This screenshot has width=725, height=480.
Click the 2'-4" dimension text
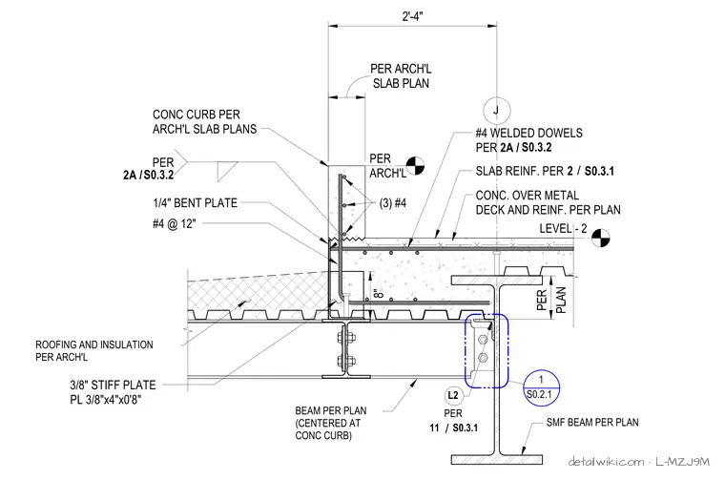coord(412,16)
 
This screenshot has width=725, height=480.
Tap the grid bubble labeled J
coord(497,111)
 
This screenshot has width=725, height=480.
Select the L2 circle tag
coord(453,395)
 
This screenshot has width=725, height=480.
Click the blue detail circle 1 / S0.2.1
coord(541,387)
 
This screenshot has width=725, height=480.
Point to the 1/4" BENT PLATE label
coord(196,202)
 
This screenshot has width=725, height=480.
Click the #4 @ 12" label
coord(175,224)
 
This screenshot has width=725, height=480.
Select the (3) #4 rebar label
coord(393,203)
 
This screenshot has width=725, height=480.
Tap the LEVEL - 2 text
coord(563,228)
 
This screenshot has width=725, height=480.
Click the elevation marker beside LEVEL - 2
coord(601,239)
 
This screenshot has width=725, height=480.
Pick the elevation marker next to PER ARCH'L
coord(415,166)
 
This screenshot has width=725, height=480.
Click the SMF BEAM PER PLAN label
coord(592,422)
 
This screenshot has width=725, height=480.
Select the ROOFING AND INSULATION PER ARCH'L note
coord(94,350)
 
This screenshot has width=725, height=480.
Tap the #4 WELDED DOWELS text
coord(528,134)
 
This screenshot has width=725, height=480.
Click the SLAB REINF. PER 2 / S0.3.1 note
coord(545,171)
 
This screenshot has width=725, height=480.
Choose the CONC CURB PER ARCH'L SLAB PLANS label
coord(204,121)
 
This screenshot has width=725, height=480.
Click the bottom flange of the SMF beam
coord(497,459)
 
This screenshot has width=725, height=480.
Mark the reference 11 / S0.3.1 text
coord(453,428)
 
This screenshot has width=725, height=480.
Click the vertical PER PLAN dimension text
coord(550,300)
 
